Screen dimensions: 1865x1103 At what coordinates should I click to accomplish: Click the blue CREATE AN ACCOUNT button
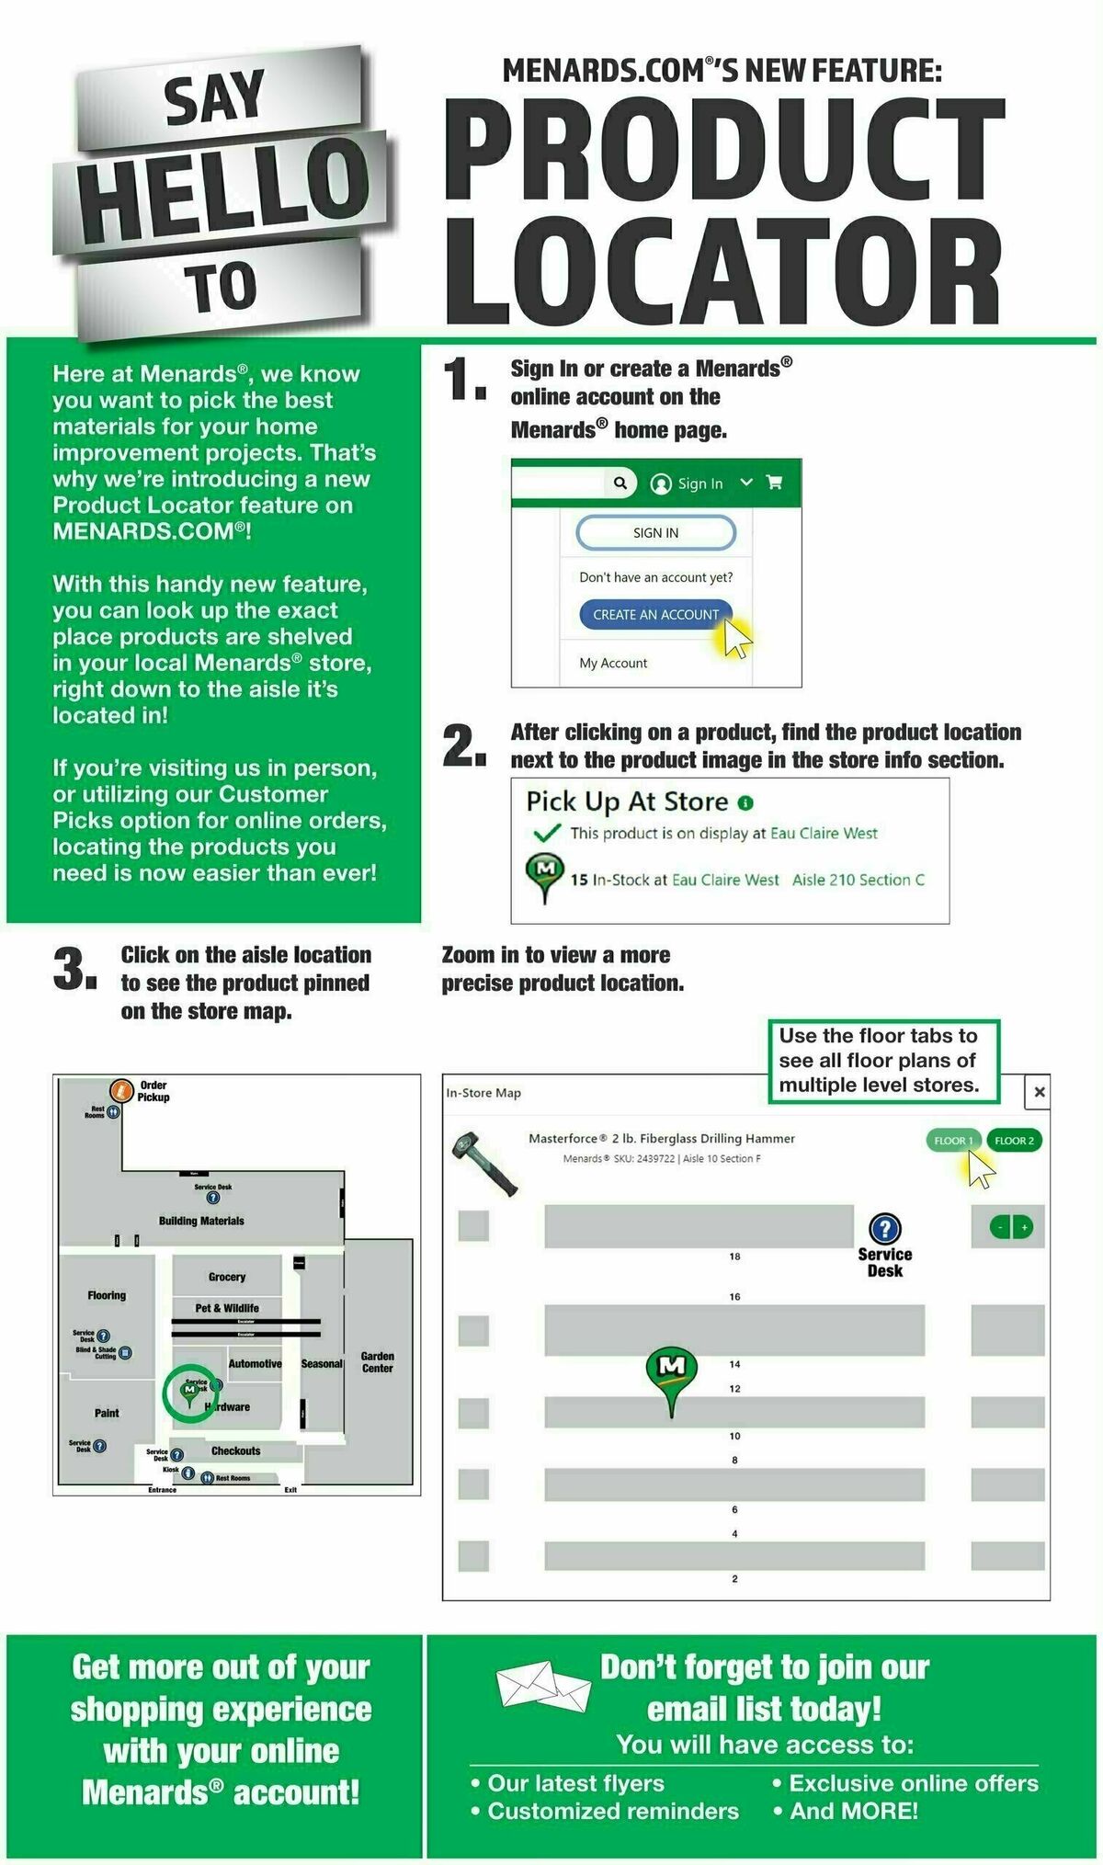[655, 615]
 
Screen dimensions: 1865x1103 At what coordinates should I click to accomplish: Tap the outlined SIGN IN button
[655, 532]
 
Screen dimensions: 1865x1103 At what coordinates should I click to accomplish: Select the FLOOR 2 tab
[1014, 1141]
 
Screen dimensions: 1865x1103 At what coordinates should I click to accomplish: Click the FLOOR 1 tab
[952, 1141]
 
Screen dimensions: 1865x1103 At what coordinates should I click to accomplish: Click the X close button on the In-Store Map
[1039, 1092]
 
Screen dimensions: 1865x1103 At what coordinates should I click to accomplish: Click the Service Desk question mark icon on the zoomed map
[884, 1228]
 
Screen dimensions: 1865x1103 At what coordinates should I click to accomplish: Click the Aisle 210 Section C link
[858, 880]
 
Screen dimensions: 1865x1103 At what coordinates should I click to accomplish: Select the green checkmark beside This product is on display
[547, 833]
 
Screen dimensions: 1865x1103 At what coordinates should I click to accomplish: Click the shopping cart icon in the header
[774, 483]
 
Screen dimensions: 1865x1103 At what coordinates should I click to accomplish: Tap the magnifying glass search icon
[620, 483]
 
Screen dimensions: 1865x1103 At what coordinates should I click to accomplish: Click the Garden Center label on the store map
[377, 1361]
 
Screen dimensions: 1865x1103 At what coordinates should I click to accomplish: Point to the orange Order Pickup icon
[121, 1090]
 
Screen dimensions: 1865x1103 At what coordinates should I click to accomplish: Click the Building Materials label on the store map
[201, 1221]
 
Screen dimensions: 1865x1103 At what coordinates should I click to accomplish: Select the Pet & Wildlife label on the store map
[227, 1307]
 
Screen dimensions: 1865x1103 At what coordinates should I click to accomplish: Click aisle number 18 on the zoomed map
[734, 1256]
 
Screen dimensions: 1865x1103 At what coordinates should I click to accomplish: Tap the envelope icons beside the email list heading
[542, 1687]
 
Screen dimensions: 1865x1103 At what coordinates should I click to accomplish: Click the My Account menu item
[613, 663]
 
